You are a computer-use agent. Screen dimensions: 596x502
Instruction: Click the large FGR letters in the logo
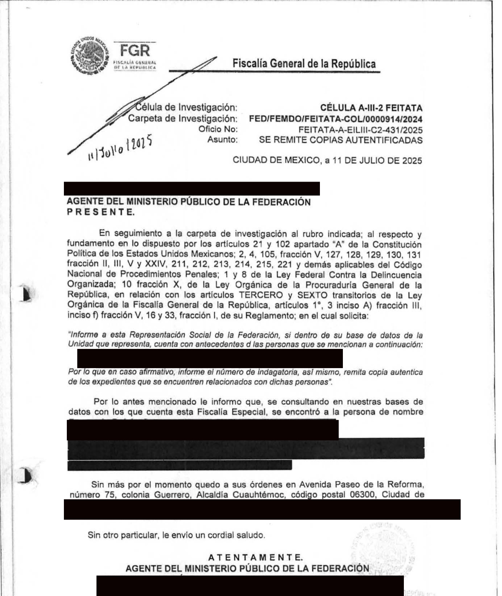click(134, 51)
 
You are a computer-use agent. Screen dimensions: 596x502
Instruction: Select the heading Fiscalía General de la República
click(304, 63)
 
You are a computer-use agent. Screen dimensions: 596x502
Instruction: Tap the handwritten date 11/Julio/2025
click(119, 150)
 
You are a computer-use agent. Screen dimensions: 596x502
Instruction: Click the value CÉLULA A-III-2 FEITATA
click(371, 108)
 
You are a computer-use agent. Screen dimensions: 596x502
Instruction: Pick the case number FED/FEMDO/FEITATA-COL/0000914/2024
click(335, 119)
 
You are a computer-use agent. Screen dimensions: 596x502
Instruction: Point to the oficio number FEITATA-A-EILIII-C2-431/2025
click(360, 129)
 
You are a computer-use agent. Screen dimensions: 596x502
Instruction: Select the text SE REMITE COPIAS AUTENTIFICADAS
click(340, 140)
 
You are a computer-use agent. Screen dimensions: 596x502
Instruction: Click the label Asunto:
click(222, 140)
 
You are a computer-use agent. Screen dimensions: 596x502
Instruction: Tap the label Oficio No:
click(218, 129)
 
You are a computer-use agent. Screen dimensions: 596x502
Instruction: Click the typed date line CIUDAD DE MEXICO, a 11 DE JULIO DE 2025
click(327, 160)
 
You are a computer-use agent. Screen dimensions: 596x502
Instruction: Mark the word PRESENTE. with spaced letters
click(101, 212)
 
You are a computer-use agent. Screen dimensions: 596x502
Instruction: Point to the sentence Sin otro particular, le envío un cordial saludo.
click(176, 535)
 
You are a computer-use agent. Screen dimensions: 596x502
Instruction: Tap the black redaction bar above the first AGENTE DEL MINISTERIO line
click(192, 189)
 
